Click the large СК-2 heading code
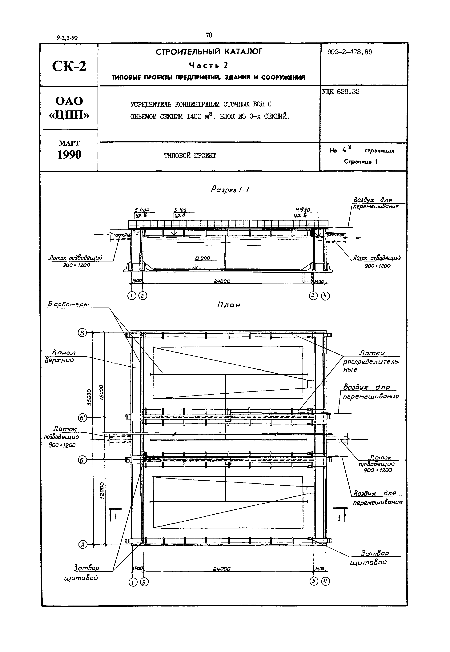click(69, 66)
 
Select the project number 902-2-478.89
click(350, 52)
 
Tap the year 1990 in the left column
click(69, 155)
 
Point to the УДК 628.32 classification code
click(341, 92)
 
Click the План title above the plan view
click(229, 305)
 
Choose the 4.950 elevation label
click(303, 210)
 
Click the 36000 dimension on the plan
click(89, 397)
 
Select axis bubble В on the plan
click(82, 333)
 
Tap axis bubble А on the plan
click(82, 545)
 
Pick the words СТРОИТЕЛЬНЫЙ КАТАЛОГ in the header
click(209, 52)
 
